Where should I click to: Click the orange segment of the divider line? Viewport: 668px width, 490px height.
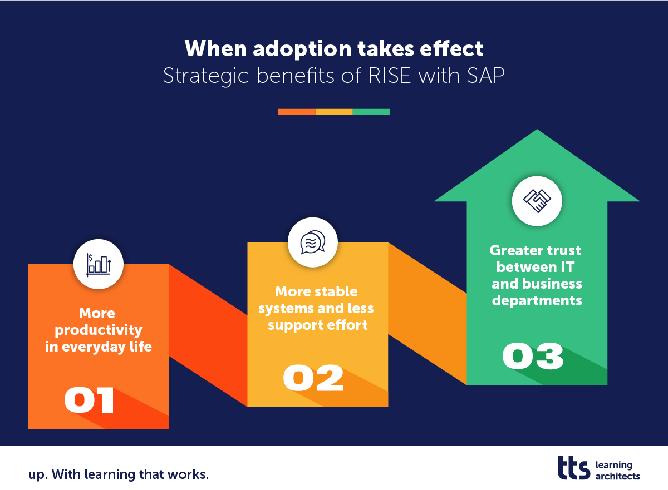pyautogui.click(x=297, y=112)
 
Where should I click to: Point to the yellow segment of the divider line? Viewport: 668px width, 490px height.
pyautogui.click(x=334, y=112)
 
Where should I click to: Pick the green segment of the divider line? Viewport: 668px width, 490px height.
pyautogui.click(x=371, y=112)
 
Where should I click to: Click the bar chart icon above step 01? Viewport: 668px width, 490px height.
pyautogui.click(x=99, y=264)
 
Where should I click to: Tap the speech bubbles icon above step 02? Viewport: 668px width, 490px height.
pyautogui.click(x=312, y=242)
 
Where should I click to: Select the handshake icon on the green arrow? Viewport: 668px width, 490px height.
pyautogui.click(x=537, y=201)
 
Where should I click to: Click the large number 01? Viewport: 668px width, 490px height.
pyautogui.click(x=90, y=400)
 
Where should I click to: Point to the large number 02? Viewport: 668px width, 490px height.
pyautogui.click(x=313, y=378)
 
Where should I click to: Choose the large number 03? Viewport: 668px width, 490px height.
pyautogui.click(x=533, y=357)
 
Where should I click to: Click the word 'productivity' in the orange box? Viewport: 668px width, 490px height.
pyautogui.click(x=99, y=330)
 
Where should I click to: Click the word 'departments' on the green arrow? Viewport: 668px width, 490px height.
pyautogui.click(x=537, y=300)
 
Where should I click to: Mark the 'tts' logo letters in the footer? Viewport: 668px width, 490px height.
pyautogui.click(x=574, y=468)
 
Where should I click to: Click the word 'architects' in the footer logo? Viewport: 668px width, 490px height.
pyautogui.click(x=617, y=476)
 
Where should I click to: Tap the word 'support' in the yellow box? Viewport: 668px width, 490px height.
pyautogui.click(x=294, y=325)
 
